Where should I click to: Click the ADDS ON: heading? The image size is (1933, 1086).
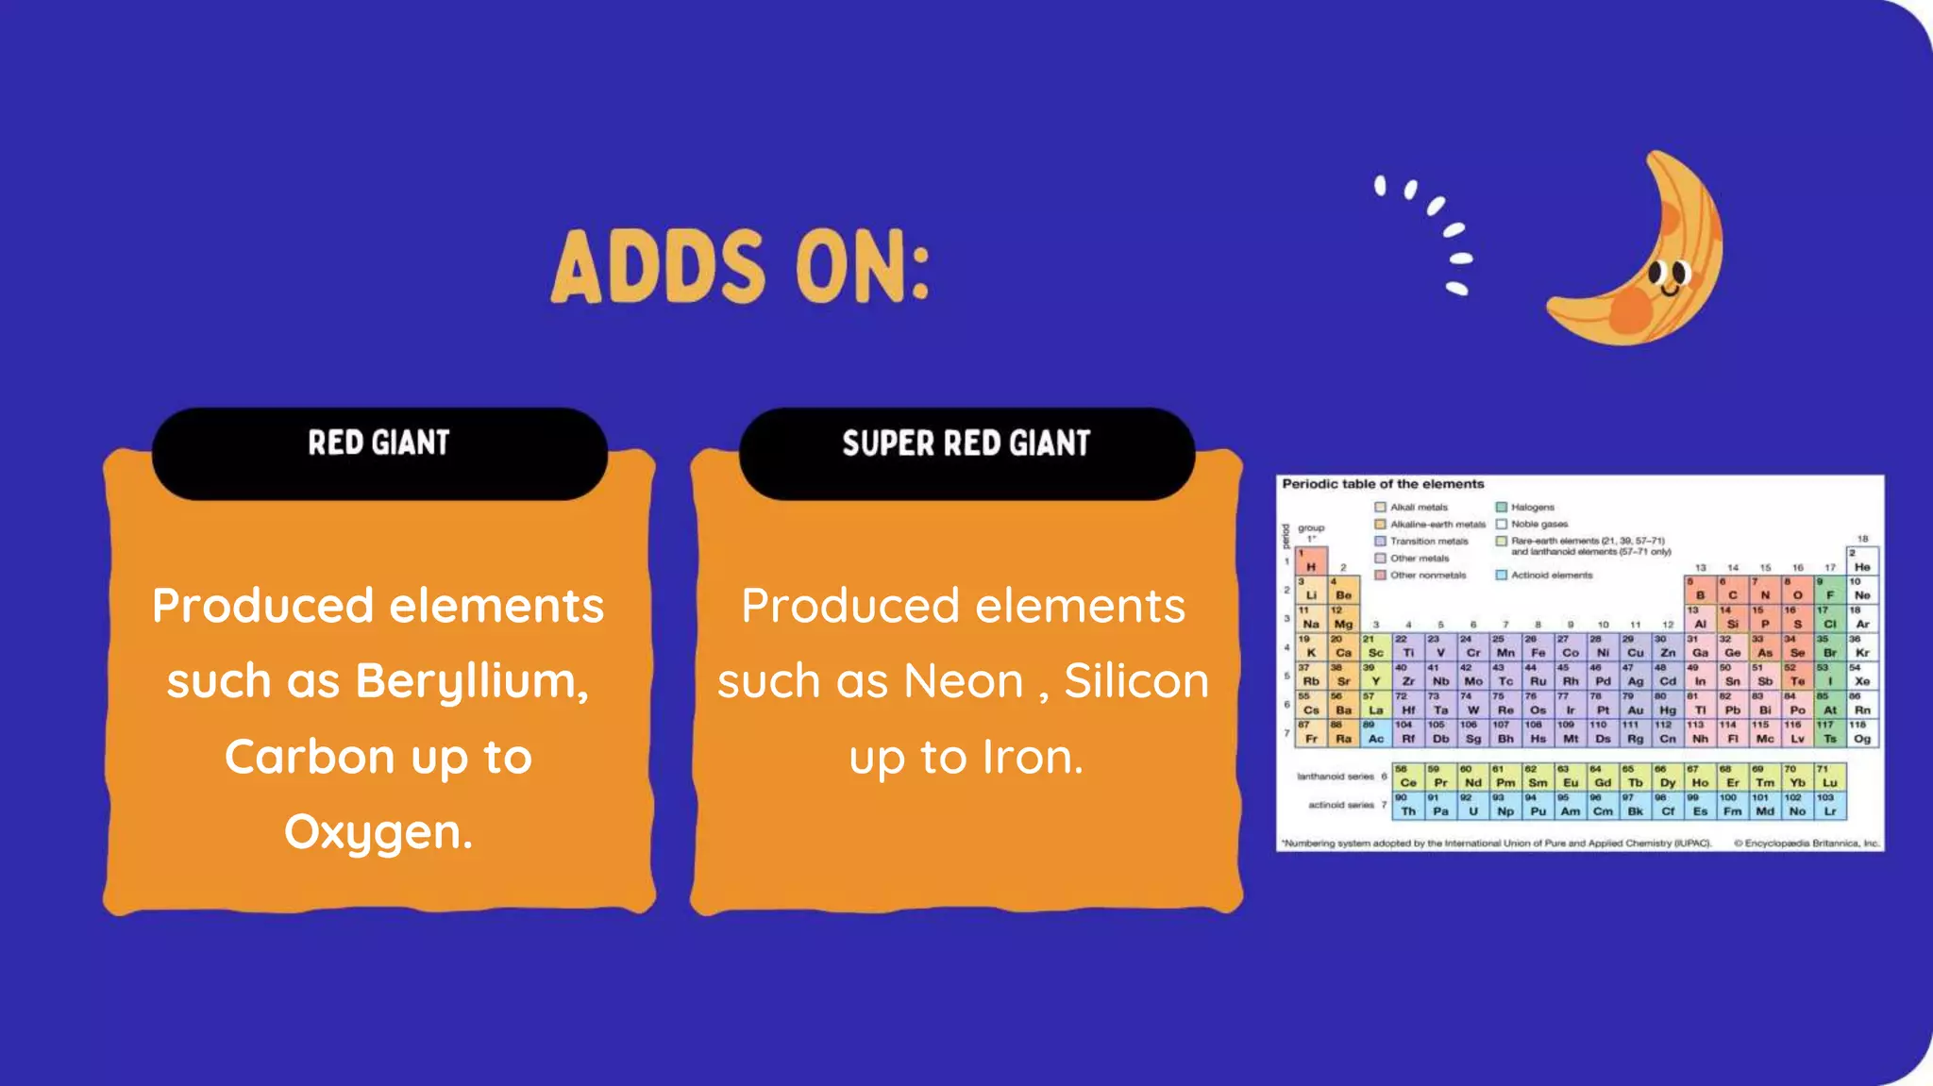(741, 267)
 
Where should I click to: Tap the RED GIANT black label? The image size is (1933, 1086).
(378, 443)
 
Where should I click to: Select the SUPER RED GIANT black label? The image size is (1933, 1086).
(966, 443)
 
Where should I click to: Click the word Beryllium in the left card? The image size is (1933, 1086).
(472, 681)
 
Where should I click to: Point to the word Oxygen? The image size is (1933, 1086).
(378, 832)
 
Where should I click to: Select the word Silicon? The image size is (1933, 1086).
(1136, 681)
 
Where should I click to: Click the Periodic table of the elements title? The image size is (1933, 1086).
(1383, 484)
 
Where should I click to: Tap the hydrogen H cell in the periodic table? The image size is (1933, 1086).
(1311, 562)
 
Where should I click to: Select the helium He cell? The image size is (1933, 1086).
(1861, 562)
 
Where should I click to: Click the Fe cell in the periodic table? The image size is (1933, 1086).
(1538, 648)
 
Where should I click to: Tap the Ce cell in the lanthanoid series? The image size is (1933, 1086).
(1408, 778)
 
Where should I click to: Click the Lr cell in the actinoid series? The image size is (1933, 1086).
(1829, 807)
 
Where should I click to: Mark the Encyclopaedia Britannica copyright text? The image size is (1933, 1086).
(1806, 844)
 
